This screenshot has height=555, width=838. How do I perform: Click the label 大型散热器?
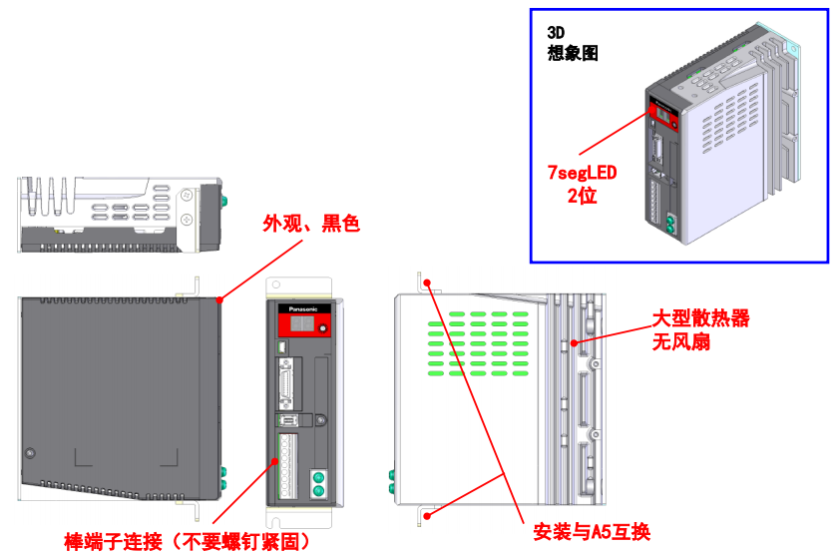click(700, 318)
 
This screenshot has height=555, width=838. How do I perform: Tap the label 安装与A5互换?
click(592, 530)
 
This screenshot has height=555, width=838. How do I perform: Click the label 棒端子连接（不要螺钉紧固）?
click(187, 541)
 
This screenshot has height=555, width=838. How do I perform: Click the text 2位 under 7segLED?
click(581, 196)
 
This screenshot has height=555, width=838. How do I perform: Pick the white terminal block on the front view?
click(288, 464)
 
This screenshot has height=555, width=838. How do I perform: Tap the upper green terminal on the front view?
click(319, 477)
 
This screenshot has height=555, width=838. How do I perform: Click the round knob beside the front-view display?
click(321, 330)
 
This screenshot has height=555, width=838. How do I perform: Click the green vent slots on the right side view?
click(479, 345)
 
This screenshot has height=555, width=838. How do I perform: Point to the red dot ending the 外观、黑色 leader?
click(218, 297)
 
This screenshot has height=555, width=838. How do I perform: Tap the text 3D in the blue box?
click(556, 32)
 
